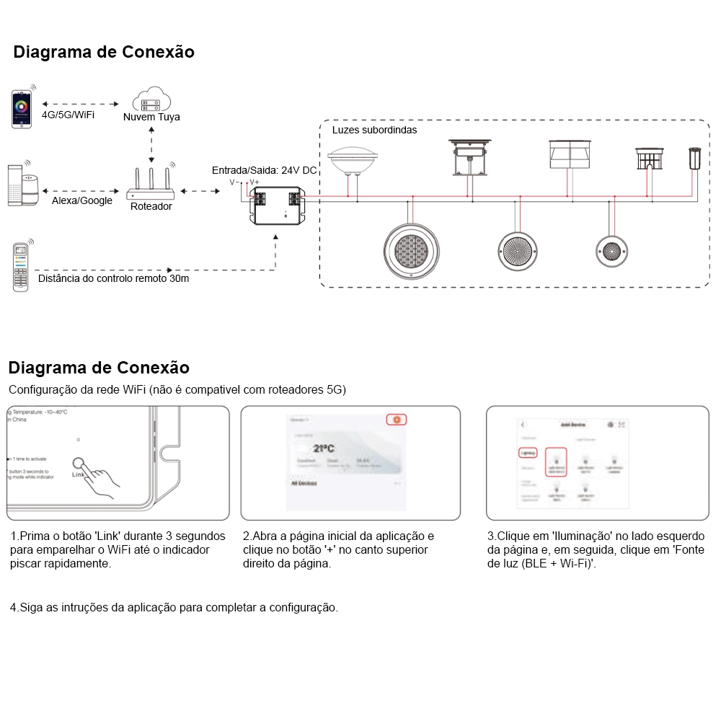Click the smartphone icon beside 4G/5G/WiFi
pyautogui.click(x=22, y=110)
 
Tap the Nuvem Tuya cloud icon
pyautogui.click(x=151, y=99)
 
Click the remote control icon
pyautogui.click(x=21, y=267)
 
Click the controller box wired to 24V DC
pyautogui.click(x=277, y=204)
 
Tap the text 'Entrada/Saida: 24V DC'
pyautogui.click(x=264, y=170)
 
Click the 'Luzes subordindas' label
pyautogui.click(x=374, y=131)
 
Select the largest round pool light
pyautogui.click(x=410, y=251)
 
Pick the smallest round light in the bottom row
pyautogui.click(x=612, y=250)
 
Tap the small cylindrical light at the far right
pyautogui.click(x=695, y=158)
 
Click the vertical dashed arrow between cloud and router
pyautogui.click(x=151, y=145)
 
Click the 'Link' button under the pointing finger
pyautogui.click(x=78, y=466)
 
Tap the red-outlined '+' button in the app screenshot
pyautogui.click(x=397, y=420)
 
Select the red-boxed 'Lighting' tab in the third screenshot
pyautogui.click(x=528, y=454)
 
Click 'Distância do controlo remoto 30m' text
pyautogui.click(x=113, y=278)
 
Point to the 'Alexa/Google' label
pyautogui.click(x=82, y=201)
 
